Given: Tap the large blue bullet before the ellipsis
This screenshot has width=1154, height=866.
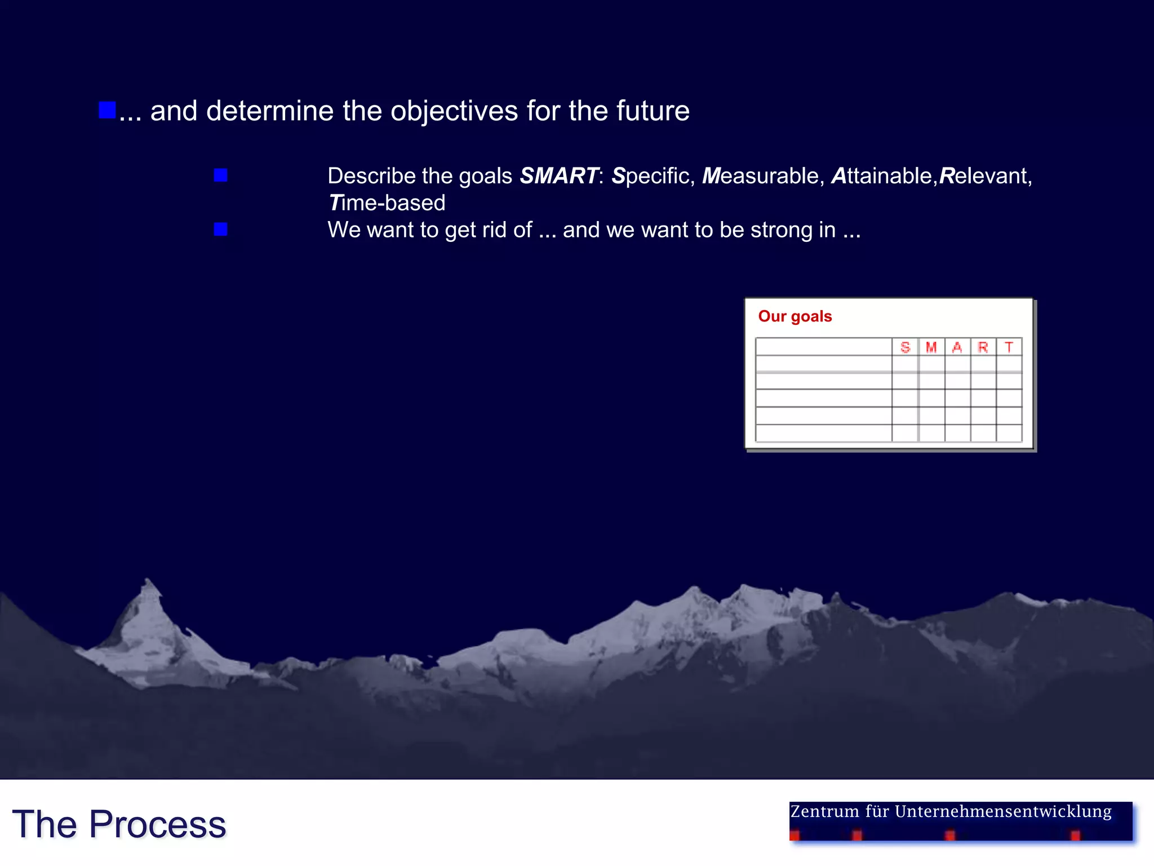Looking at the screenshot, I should click(107, 110).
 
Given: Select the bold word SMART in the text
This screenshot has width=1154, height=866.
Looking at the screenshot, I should click(558, 176).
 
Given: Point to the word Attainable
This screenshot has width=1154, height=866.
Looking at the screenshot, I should click(882, 176).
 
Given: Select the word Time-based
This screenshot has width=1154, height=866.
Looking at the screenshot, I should click(387, 203).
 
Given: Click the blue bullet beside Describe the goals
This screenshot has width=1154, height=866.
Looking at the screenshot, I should click(221, 175).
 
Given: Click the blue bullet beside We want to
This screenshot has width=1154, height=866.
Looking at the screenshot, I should click(221, 229).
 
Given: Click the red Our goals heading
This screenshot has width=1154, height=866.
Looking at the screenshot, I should click(795, 316).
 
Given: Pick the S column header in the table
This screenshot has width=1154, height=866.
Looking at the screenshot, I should click(905, 347).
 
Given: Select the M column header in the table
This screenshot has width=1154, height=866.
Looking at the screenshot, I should click(931, 347).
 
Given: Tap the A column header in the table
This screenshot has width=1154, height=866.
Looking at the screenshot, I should click(957, 347).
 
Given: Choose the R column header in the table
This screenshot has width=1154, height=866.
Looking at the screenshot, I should click(983, 347).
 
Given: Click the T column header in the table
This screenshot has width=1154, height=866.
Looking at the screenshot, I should click(1009, 347).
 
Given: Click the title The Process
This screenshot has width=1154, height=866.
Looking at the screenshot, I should click(119, 824).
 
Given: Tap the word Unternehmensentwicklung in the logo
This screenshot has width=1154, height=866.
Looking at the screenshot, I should click(1003, 812).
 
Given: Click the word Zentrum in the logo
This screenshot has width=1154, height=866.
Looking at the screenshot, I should click(825, 812).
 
